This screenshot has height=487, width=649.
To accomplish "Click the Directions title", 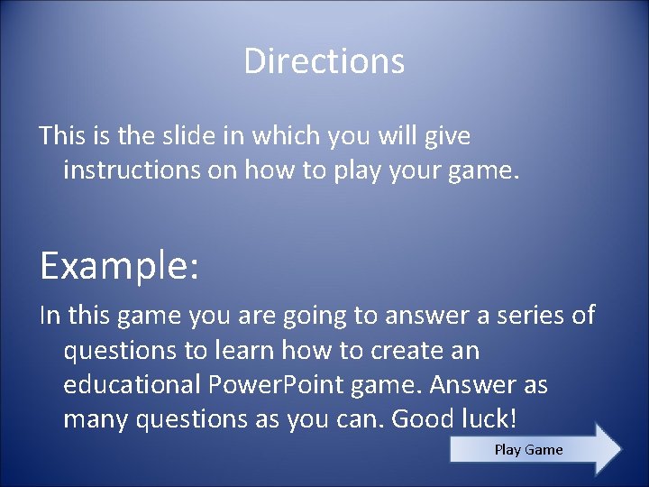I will (x=324, y=61).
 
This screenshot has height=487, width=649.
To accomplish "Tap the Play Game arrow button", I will (x=529, y=449).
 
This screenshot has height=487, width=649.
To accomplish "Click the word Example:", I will (x=119, y=266).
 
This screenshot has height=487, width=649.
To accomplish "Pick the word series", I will (x=526, y=315).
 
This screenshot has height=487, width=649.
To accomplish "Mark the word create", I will (x=404, y=350).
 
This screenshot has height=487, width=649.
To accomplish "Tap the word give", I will (x=448, y=136).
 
